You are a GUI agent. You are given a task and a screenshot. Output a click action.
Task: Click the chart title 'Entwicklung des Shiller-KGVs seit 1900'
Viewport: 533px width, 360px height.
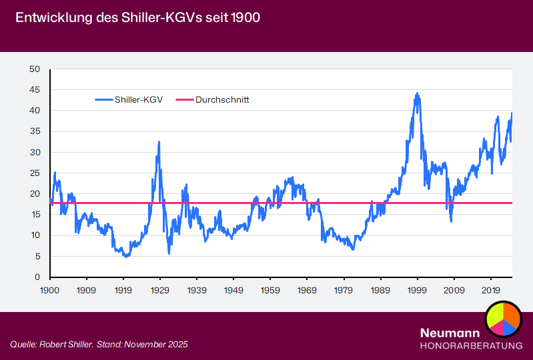[137, 18]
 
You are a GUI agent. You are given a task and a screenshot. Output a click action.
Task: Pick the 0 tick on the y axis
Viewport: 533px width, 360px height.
[38, 277]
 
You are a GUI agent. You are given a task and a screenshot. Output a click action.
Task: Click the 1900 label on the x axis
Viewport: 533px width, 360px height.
[49, 291]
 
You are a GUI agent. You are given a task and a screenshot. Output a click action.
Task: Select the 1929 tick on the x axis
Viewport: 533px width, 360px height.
[159, 291]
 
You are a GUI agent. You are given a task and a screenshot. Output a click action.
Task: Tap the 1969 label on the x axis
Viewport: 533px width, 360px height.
[307, 291]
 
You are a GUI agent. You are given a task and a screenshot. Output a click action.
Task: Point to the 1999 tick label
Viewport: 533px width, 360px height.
[418, 291]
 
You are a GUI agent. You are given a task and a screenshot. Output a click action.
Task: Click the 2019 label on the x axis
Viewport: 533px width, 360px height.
[491, 291]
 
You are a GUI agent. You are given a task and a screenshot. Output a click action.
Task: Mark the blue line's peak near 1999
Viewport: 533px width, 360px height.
[417, 94]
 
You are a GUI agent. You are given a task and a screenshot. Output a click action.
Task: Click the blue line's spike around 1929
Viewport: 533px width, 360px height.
[159, 142]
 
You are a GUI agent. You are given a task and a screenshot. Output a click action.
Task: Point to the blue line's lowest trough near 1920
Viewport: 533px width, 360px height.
[127, 256]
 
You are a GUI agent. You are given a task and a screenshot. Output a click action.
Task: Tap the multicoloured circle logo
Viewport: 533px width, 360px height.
[502, 318]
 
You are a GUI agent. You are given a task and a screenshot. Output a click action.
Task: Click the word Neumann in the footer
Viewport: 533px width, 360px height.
[450, 333]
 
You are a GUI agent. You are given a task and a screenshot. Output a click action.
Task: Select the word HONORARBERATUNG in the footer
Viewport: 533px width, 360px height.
[471, 345]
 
